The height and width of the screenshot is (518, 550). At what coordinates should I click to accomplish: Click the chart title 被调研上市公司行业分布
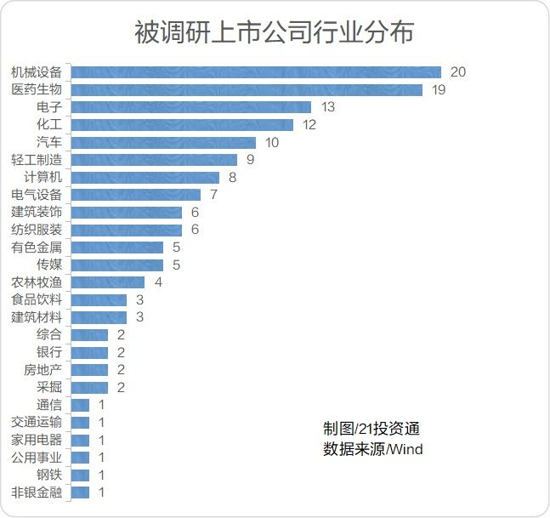click(275, 32)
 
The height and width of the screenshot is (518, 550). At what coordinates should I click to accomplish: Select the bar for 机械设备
click(256, 72)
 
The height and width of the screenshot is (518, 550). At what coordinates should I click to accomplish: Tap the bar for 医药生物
click(247, 89)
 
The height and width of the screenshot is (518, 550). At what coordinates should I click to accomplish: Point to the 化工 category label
click(49, 125)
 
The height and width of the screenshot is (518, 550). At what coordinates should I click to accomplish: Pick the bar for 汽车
click(163, 142)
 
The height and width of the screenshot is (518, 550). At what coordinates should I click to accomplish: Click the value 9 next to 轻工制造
click(251, 160)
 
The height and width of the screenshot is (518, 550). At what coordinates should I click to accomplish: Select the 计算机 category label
click(43, 178)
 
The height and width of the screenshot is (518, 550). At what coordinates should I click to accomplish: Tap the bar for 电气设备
click(136, 195)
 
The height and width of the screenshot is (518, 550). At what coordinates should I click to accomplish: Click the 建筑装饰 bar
click(127, 213)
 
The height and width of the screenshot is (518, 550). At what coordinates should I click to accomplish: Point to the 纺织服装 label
click(37, 230)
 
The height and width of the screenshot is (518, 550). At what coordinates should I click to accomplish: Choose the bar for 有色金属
click(117, 248)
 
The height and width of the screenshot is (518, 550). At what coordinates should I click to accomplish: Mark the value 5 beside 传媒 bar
click(176, 265)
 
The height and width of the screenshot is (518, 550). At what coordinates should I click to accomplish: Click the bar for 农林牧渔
click(108, 282)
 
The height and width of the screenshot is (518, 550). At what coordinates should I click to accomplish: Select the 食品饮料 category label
click(37, 300)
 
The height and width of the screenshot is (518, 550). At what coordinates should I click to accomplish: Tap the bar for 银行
click(89, 352)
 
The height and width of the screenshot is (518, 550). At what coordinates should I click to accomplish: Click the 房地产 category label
click(43, 370)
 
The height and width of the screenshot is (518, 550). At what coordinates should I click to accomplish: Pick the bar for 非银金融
click(80, 492)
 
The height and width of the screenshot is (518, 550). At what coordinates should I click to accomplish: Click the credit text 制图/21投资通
click(371, 429)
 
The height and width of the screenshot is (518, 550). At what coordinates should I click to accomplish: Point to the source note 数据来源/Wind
click(372, 449)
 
